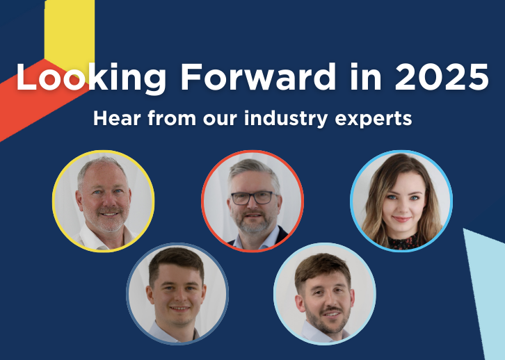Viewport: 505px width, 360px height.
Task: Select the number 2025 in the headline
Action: tap(442, 76)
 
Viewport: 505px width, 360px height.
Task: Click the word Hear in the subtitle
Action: tap(118, 118)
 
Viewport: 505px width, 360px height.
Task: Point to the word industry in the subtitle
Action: tap(286, 118)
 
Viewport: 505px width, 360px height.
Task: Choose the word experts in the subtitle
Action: tap(374, 120)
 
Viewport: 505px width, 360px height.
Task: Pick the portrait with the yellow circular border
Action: tap(104, 201)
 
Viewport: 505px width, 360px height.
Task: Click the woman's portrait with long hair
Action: tap(401, 201)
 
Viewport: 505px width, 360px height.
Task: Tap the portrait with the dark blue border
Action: tap(177, 293)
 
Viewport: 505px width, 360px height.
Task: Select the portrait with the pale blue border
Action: tap(325, 293)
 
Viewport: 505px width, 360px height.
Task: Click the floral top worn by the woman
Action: tap(404, 243)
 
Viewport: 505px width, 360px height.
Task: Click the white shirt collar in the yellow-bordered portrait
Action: tap(97, 238)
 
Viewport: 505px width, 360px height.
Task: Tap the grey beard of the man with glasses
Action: tap(253, 222)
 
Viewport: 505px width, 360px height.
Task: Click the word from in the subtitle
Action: tap(172, 118)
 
